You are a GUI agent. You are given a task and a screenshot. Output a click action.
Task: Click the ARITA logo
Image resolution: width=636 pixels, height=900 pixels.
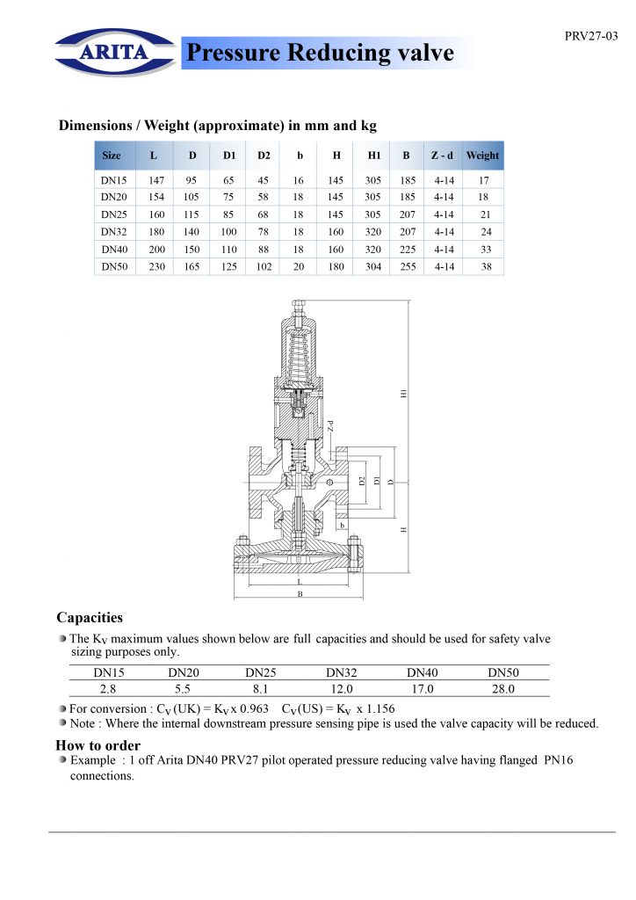(115, 51)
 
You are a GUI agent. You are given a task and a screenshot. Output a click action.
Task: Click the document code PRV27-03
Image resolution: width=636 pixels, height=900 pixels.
(591, 36)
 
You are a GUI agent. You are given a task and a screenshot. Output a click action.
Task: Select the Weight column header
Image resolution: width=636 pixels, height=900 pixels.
(482, 156)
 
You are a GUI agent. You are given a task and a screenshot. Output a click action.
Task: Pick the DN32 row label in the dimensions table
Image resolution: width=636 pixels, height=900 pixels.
(114, 232)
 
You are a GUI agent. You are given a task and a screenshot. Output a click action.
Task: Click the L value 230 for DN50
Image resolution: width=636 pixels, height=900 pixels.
(156, 266)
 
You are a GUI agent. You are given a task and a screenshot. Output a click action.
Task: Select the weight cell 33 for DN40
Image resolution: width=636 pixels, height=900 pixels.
(486, 249)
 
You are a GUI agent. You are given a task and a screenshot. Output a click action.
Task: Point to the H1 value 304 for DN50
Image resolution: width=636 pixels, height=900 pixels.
(373, 266)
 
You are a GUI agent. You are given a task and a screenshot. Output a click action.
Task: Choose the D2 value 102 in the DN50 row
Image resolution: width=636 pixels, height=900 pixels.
(264, 266)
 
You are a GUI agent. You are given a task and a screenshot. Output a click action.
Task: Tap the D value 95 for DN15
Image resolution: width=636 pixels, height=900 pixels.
(192, 180)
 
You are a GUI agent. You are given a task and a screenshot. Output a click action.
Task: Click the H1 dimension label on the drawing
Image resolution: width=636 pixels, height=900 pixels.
(404, 395)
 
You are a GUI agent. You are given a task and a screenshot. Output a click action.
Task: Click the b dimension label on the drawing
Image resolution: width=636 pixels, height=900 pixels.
(342, 525)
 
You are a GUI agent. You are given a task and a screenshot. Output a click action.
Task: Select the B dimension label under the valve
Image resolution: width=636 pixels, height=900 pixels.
(300, 595)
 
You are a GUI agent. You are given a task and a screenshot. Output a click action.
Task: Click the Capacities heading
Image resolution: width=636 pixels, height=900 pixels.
(90, 618)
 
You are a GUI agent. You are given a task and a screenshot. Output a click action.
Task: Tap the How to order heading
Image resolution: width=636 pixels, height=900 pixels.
(98, 745)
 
